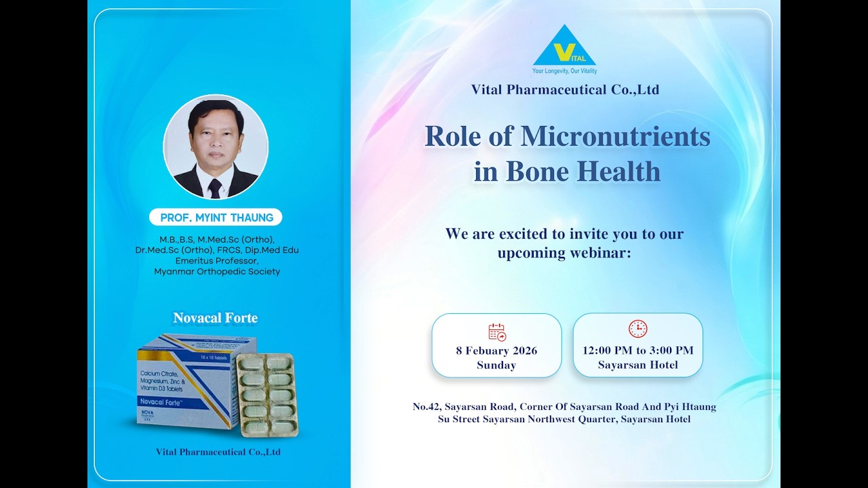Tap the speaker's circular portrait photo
click(x=216, y=147)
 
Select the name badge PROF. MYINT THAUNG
click(x=216, y=218)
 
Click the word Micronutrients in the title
click(x=615, y=136)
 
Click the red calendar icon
click(x=497, y=331)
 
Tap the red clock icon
click(x=637, y=329)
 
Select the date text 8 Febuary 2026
click(x=496, y=350)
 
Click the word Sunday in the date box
click(x=496, y=365)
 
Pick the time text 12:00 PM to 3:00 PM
click(x=637, y=350)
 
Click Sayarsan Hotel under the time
click(x=637, y=365)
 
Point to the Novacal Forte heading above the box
click(x=215, y=318)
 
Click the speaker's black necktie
click(x=215, y=188)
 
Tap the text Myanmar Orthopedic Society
click(x=217, y=272)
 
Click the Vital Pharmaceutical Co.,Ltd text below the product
click(x=218, y=452)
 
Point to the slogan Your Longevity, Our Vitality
click(x=564, y=70)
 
